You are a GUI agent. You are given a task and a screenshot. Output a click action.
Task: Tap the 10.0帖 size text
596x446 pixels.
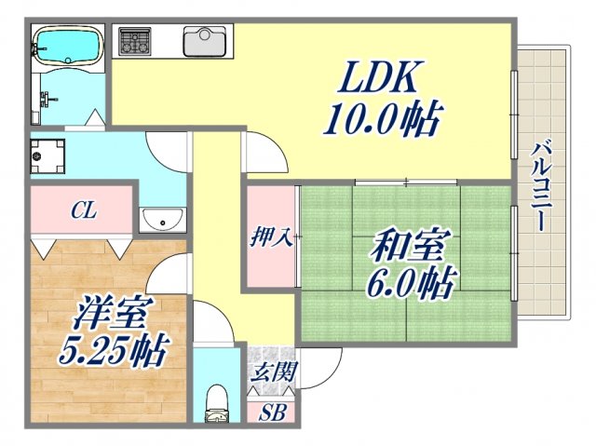382,122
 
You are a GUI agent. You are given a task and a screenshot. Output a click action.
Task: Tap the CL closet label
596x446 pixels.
83,211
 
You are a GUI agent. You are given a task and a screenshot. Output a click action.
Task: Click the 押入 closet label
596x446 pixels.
270,237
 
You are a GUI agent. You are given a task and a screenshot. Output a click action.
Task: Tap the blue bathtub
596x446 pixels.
67,45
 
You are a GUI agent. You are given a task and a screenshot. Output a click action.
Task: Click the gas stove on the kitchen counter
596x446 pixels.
134,41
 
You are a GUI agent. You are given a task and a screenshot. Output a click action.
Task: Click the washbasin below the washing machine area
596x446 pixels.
163,220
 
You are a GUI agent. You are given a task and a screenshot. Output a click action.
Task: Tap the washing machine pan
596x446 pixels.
45,155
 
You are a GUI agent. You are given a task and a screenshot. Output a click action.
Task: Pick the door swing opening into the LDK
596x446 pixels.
262,151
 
